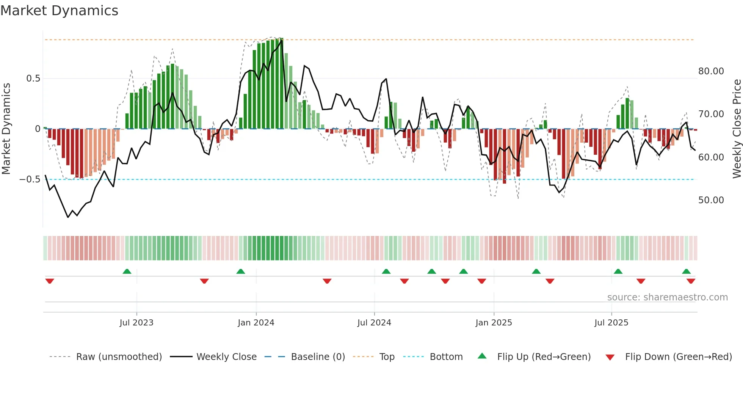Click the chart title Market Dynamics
tap(59, 11)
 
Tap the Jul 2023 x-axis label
tap(136, 323)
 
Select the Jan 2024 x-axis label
tap(256, 323)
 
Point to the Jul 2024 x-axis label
tap(374, 323)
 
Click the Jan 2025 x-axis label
tap(494, 323)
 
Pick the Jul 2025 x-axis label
tap(611, 323)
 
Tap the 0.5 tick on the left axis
tap(33, 79)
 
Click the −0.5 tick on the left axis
tap(30, 179)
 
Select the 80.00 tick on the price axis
tap(711, 71)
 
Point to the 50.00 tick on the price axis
tap(711, 200)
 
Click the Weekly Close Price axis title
tap(737, 129)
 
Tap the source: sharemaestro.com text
tap(667, 297)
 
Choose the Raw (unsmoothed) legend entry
tap(119, 357)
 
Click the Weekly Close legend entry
tap(226, 357)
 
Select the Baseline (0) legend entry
tap(318, 357)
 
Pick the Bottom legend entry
tap(446, 357)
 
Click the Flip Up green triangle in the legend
tap(482, 356)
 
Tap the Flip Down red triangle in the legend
tap(610, 357)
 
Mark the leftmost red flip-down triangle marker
tap(50, 281)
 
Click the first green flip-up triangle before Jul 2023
tap(127, 271)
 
